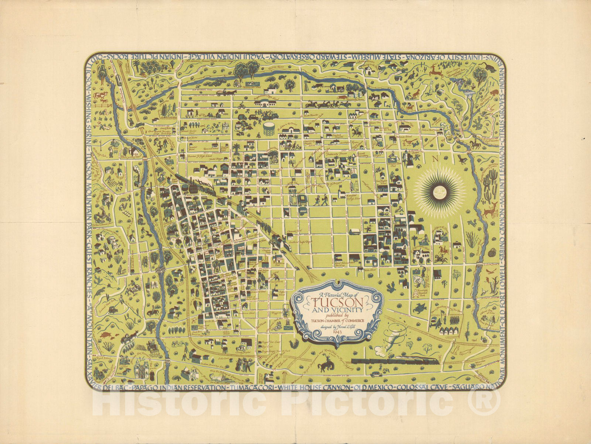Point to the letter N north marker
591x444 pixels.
pos(436,160)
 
